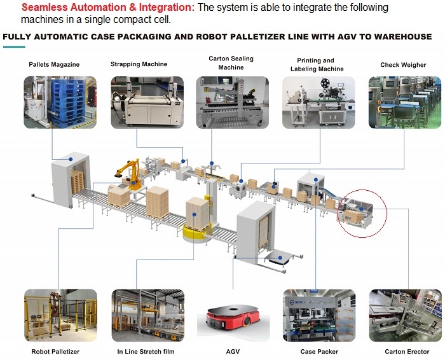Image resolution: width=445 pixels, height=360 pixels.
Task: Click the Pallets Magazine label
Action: tap(54, 64)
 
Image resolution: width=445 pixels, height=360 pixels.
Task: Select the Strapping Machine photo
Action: tap(147, 102)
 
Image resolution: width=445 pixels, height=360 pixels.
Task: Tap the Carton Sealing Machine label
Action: tap(231, 63)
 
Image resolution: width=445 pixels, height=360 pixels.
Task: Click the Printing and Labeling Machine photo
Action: tap(318, 102)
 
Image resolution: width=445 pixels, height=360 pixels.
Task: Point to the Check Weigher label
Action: tap(403, 65)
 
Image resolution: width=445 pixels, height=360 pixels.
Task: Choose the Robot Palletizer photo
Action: tap(60, 315)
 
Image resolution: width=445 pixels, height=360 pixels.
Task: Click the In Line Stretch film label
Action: tap(146, 352)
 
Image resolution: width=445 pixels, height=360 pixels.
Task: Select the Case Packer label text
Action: tap(319, 352)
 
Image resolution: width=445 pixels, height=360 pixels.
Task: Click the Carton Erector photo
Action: tap(406, 315)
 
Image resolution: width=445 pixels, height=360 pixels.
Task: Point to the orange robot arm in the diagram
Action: tap(130, 175)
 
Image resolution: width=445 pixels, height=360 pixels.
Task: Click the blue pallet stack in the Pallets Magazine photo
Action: tap(67, 103)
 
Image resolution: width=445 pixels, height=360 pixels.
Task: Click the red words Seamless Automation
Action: tap(74, 8)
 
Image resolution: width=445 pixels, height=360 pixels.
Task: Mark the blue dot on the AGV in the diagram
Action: tap(280, 258)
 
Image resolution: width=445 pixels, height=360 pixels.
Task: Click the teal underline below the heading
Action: tap(14, 47)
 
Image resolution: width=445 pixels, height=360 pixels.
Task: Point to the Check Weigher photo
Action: tap(405, 102)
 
